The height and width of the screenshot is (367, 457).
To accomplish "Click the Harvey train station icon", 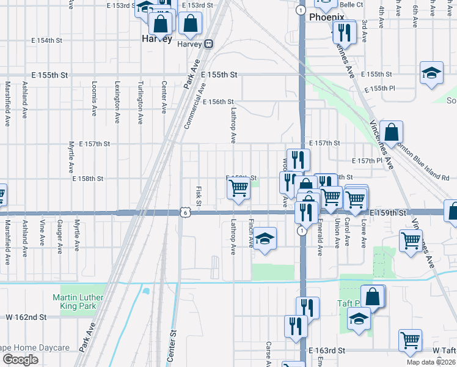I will pos(210,44).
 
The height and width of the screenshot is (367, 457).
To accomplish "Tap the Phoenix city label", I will pos(326,18).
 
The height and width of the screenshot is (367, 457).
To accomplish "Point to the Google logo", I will pos(20,359).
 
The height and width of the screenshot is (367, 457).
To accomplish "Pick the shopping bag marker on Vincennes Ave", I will pos(391,132).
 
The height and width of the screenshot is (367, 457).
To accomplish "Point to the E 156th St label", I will pos(218,102).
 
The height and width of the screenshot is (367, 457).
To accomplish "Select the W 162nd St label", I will pos(26,317).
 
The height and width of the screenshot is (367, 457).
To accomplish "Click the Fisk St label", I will pos(199,196).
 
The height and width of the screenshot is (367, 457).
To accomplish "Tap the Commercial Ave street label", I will pos(194,106).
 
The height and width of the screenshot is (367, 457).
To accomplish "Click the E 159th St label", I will pos(388,212).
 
